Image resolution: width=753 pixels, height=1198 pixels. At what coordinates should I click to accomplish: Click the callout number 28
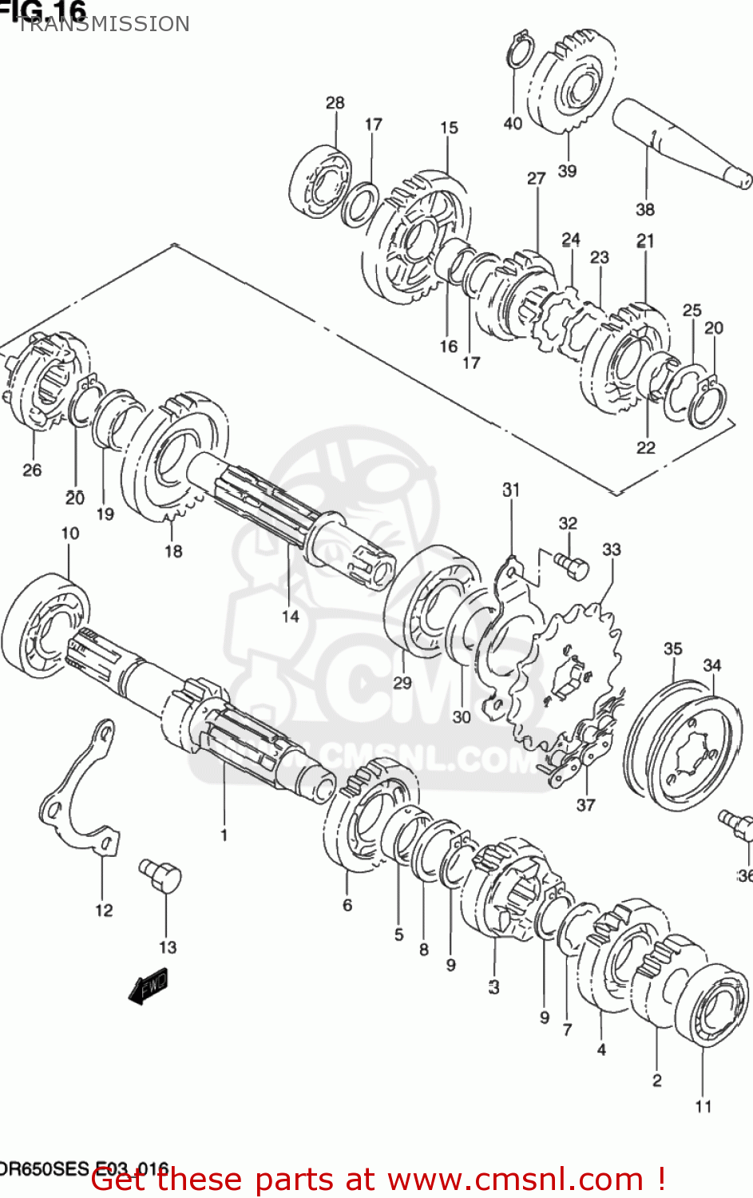(x=335, y=102)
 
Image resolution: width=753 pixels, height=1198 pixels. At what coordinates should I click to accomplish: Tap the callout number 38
(x=644, y=209)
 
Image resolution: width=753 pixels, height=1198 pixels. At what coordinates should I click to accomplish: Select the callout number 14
(x=290, y=616)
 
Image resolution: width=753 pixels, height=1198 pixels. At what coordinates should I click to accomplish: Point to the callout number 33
(x=611, y=549)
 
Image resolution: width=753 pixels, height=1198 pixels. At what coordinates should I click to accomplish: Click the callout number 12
(x=104, y=910)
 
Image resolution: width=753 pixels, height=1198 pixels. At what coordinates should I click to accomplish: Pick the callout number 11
(x=703, y=1106)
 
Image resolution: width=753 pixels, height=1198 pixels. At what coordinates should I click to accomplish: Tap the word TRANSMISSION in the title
(x=104, y=25)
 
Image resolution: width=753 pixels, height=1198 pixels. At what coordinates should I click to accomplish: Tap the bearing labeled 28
(x=321, y=182)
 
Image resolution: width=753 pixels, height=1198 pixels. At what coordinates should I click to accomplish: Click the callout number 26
(x=32, y=470)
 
